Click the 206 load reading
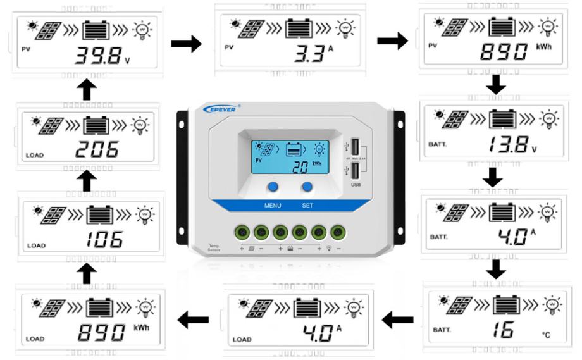pos(98,150)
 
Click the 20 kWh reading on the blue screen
pos(302,168)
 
